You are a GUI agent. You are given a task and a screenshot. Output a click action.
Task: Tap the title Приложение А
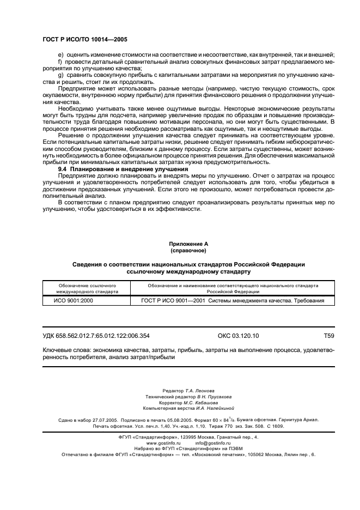(188, 245)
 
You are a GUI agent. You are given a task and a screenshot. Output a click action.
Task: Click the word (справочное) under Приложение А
(188, 251)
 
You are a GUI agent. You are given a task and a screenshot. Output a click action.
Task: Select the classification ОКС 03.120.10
(234, 336)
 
